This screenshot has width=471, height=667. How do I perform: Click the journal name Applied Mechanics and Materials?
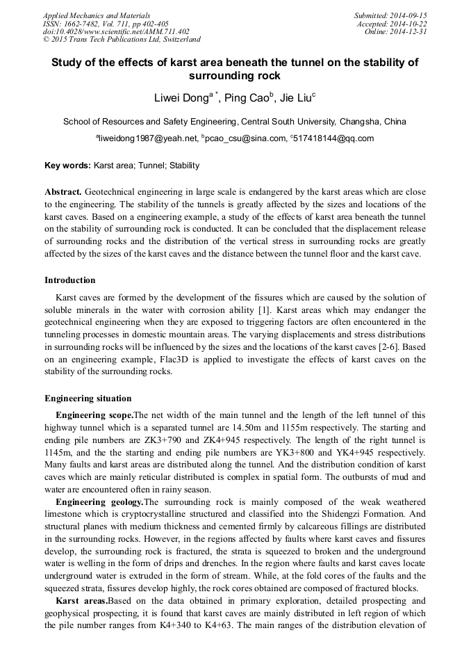(x=97, y=15)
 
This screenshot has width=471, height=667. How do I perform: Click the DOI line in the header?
(x=116, y=31)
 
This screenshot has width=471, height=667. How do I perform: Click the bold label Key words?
(x=67, y=166)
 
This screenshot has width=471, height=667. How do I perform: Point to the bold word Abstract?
(x=63, y=191)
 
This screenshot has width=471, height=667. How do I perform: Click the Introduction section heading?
(x=70, y=280)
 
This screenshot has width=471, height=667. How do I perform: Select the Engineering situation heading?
(x=88, y=399)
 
